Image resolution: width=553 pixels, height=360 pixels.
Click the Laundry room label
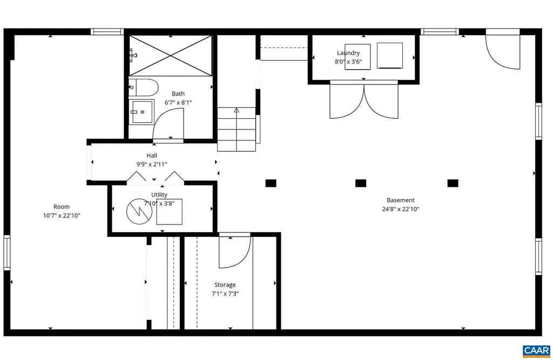coord(348,53)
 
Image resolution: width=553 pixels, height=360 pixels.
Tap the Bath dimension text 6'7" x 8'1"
coord(178,102)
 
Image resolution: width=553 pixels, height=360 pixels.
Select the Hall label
coord(152,155)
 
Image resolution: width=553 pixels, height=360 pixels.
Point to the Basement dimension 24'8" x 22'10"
coord(400,209)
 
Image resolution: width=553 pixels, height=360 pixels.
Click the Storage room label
coord(225,285)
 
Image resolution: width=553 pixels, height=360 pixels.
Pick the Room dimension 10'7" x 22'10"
coord(62,215)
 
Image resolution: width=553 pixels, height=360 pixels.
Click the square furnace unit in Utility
coord(170,212)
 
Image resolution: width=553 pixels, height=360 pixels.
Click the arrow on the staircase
coord(237,111)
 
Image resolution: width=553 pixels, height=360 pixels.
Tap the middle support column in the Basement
coord(361,183)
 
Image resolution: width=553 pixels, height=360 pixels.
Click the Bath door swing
coord(168,124)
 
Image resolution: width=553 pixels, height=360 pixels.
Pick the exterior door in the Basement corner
coord(502,51)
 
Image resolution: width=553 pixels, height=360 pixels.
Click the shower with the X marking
coord(170,56)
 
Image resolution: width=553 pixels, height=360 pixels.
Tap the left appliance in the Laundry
coord(358,57)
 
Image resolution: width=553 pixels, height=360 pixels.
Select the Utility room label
coord(159,195)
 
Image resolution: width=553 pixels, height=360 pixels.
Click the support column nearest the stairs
coord(271,183)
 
